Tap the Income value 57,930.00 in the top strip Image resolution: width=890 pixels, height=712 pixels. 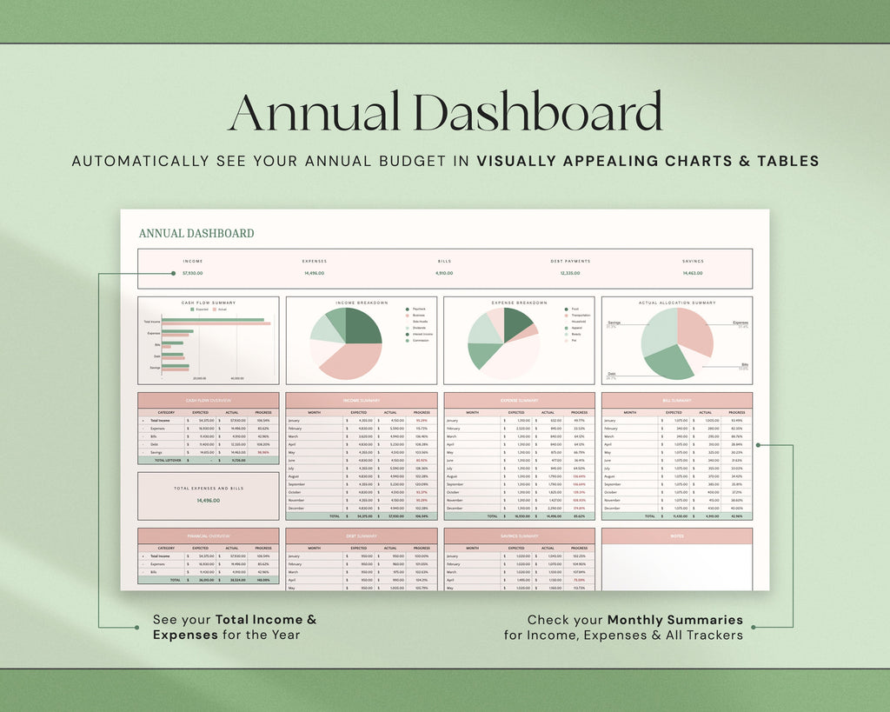coord(193,273)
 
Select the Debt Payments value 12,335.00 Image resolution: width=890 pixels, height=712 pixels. coord(569,273)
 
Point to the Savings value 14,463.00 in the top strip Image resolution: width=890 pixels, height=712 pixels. coord(693,273)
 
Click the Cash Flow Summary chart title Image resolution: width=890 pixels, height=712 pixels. coord(209,303)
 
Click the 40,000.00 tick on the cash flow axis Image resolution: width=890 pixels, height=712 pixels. coord(236,378)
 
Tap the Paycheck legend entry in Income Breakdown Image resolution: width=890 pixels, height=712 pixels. coord(418,309)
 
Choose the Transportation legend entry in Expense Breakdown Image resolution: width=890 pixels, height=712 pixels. coord(580,316)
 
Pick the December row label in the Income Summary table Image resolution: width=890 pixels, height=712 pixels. coord(296,508)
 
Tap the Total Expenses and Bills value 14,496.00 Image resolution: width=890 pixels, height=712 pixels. coord(208,501)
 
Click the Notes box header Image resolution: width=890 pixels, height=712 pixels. coord(677,536)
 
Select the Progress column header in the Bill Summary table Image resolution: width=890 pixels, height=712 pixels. coord(737,412)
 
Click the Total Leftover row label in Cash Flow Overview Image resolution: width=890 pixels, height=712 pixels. coord(167,460)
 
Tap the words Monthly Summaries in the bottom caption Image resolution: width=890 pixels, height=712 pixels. coord(675,620)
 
